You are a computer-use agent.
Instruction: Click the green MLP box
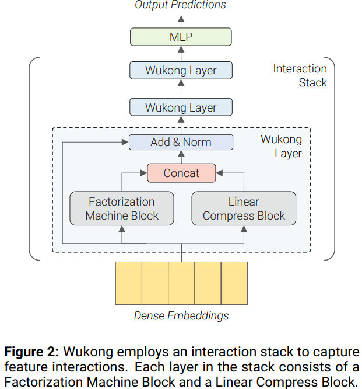[x=181, y=37]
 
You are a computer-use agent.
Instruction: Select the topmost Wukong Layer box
[x=181, y=71]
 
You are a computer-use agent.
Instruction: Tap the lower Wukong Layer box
[x=181, y=107]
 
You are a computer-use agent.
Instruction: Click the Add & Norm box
[x=181, y=142]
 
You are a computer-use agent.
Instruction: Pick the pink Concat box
[x=181, y=173]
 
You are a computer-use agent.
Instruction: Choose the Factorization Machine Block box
[x=122, y=209]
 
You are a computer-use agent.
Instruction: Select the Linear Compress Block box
[x=244, y=209]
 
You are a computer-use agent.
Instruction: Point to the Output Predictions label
[x=181, y=5]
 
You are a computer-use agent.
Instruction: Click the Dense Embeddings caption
[x=181, y=316]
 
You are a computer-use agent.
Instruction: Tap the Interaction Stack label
[x=300, y=75]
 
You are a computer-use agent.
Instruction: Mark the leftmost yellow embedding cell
[x=128, y=283]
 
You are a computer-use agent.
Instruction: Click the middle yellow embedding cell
[x=181, y=283]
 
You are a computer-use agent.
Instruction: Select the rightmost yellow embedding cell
[x=234, y=283]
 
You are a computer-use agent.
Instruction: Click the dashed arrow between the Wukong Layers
[x=181, y=89]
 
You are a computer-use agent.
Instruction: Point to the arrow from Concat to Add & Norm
[x=181, y=157]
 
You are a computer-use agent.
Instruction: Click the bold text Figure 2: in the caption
[x=31, y=352]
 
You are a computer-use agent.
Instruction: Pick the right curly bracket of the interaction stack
[x=331, y=158]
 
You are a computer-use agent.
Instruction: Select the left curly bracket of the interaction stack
[x=33, y=158]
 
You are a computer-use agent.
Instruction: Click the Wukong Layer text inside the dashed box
[x=281, y=147]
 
